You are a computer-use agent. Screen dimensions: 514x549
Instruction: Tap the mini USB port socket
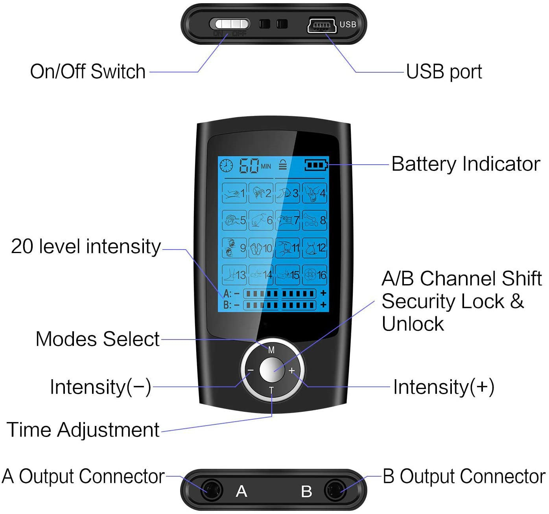coord(321,26)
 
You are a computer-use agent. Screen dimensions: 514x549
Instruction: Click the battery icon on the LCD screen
coord(316,165)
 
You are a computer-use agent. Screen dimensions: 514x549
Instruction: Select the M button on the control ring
coord(271,350)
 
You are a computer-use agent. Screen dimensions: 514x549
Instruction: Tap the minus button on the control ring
coord(251,370)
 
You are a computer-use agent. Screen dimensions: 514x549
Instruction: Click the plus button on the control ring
coord(292,370)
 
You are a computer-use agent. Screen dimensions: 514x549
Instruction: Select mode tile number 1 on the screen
coord(234,193)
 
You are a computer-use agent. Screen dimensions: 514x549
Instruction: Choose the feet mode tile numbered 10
coord(261,248)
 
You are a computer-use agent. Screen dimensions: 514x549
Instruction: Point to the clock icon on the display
coord(226,165)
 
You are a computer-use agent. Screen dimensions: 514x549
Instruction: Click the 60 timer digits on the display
coord(249,166)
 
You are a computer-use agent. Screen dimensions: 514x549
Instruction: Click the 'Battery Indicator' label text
coord(466,164)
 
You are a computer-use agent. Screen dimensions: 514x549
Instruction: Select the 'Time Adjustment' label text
coord(83,430)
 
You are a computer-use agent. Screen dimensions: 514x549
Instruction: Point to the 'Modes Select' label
coord(98,339)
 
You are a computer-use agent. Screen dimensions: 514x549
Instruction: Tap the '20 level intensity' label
coord(86,247)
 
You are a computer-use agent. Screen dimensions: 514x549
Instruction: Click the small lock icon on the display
coord(283,165)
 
